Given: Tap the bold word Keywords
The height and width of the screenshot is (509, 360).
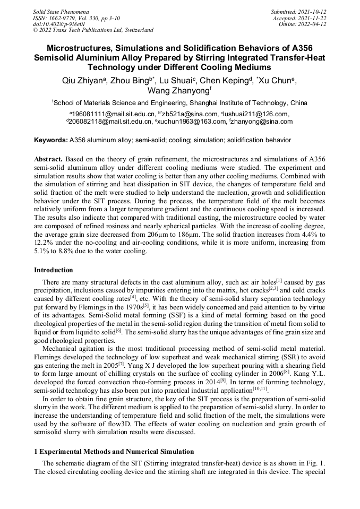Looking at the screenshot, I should coord(50,140).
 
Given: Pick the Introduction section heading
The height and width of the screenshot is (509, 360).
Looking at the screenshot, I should coord(54,270).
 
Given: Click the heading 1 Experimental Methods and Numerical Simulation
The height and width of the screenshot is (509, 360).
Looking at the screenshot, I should coord(114,451).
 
